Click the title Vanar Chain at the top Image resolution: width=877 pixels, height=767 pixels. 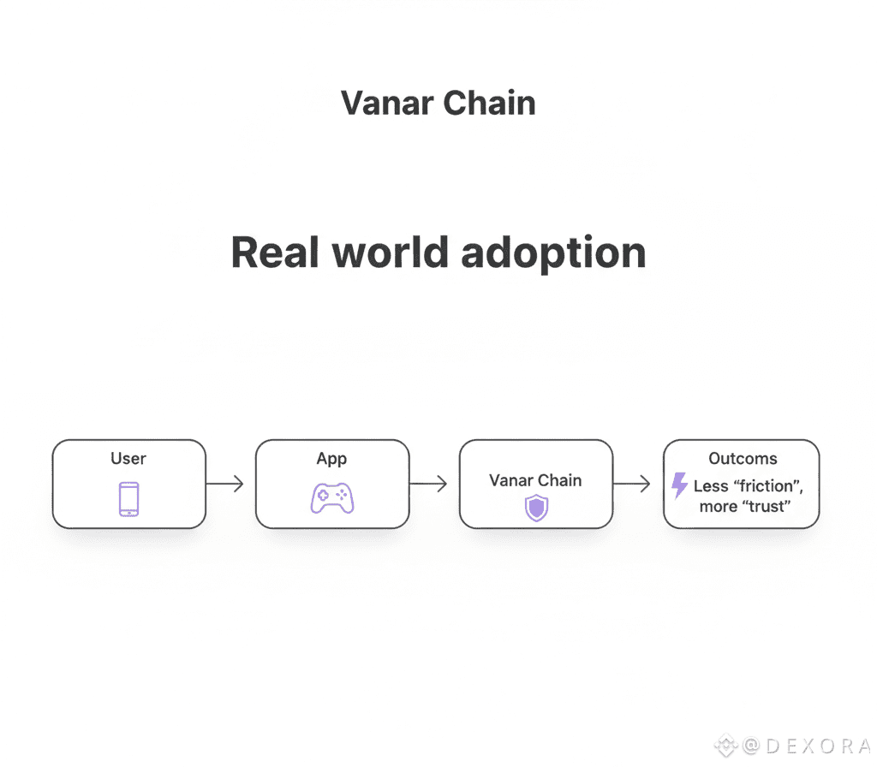click(x=438, y=104)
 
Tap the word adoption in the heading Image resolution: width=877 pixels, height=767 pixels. click(x=553, y=253)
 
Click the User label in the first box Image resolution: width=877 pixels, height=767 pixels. click(x=128, y=459)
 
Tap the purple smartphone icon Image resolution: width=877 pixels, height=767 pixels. click(x=128, y=499)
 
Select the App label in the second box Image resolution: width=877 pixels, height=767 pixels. click(x=331, y=459)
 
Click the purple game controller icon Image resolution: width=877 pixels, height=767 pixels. click(x=331, y=497)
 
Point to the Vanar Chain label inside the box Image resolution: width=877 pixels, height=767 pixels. click(x=535, y=480)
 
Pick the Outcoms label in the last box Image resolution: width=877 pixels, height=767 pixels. click(x=743, y=459)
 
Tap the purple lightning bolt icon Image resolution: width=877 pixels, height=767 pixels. click(x=679, y=485)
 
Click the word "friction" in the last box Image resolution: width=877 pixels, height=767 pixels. click(x=766, y=486)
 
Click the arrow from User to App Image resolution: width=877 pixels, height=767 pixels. click(x=225, y=485)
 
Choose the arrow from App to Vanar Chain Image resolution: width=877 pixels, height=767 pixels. click(x=428, y=485)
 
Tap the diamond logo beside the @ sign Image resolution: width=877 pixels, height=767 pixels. click(x=726, y=746)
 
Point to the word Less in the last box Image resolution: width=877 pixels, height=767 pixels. click(x=711, y=486)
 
